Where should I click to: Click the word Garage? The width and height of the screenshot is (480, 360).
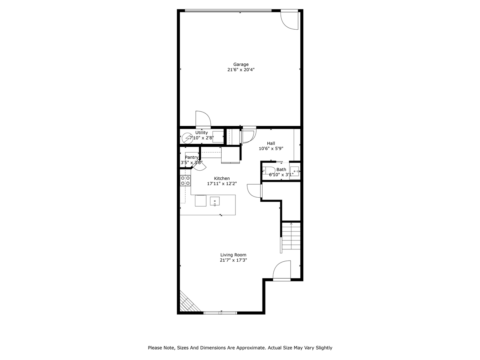point(241,64)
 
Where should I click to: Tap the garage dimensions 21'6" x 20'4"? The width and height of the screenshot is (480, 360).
point(241,70)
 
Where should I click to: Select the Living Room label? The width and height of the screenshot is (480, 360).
point(233,255)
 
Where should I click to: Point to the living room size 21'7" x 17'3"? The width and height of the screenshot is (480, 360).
point(233,260)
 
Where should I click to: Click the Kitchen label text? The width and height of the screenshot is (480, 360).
point(222,178)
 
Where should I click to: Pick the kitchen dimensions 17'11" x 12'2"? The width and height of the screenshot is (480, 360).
point(222,184)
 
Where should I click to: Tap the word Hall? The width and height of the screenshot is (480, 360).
point(271,143)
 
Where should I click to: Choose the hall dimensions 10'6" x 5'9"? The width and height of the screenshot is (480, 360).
point(271,148)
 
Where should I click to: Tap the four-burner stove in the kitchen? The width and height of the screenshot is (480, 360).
point(185,181)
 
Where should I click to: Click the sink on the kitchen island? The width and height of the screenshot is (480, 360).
point(214,201)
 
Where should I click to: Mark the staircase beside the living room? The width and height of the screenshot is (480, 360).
point(291,236)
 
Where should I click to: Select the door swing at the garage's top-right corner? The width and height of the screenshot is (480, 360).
point(290,19)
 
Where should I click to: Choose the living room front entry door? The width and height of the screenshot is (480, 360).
point(282,271)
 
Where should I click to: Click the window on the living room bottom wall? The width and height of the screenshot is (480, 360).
point(220,312)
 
